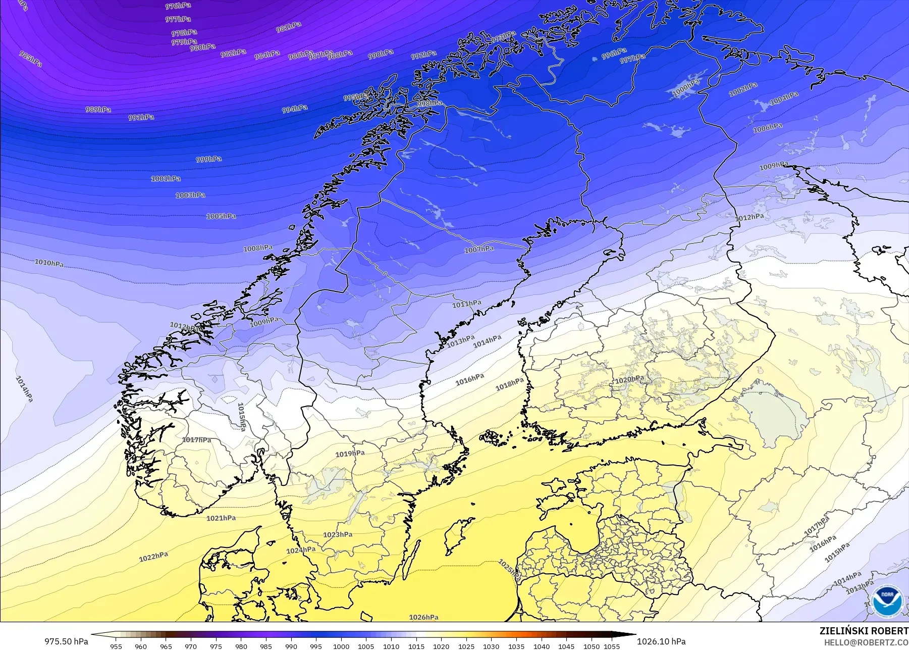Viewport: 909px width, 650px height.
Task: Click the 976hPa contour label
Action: pyautogui.click(x=178, y=6)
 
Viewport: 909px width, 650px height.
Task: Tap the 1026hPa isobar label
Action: pyautogui.click(x=423, y=617)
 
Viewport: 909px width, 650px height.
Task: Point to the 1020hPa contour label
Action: pyautogui.click(x=629, y=379)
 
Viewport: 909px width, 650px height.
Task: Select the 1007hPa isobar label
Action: pyautogui.click(x=479, y=249)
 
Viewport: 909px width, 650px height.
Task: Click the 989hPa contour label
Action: pyautogui.click(x=98, y=110)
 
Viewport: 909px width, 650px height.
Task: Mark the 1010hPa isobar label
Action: pyautogui.click(x=49, y=263)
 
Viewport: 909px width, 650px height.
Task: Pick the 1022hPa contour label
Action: pyautogui.click(x=153, y=557)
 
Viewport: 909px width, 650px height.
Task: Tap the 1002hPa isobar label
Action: pyautogui.click(x=743, y=90)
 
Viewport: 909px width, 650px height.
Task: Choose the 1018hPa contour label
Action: pyautogui.click(x=509, y=385)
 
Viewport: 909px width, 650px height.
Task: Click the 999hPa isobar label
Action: pyautogui.click(x=208, y=159)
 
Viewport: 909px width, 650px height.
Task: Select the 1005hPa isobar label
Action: pyautogui.click(x=221, y=216)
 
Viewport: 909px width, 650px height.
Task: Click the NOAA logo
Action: pyautogui.click(x=887, y=599)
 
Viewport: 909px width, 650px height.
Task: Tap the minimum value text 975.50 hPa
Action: pyautogui.click(x=66, y=641)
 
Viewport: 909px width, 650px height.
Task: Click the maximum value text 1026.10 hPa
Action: pyautogui.click(x=661, y=641)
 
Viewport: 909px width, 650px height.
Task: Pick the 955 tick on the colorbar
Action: pyautogui.click(x=116, y=646)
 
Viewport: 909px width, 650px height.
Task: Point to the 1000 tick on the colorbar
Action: pyautogui.click(x=341, y=646)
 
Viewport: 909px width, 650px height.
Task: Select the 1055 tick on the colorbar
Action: pyautogui.click(x=612, y=646)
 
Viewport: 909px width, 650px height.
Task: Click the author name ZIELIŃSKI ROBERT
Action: pyautogui.click(x=864, y=631)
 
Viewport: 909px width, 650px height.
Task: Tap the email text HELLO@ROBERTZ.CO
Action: pyautogui.click(x=866, y=643)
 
